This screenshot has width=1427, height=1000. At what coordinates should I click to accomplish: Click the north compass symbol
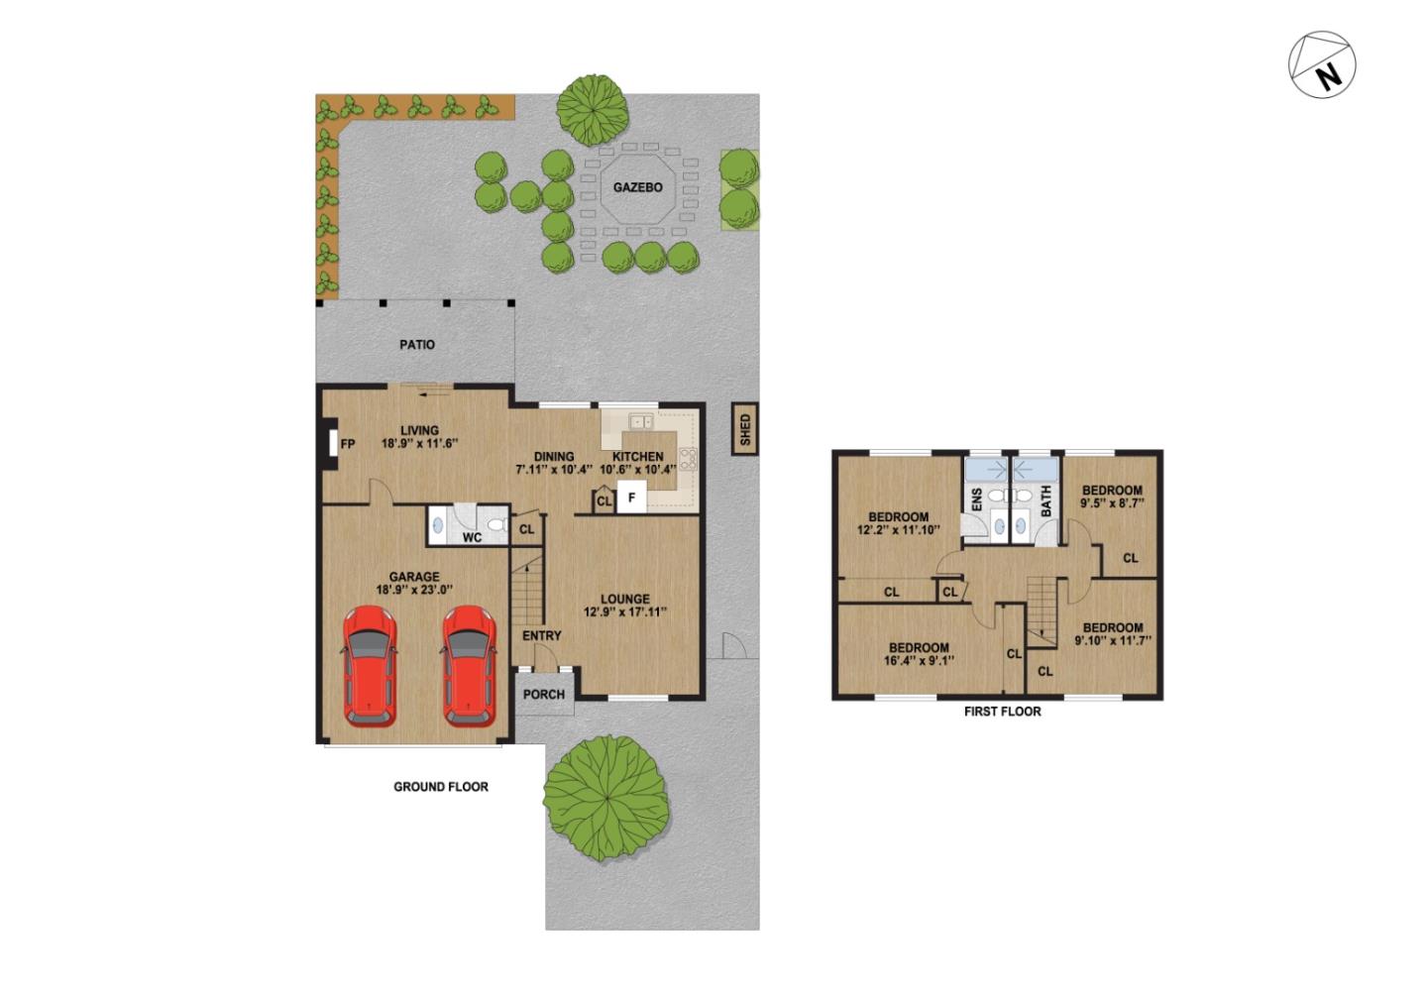1322,64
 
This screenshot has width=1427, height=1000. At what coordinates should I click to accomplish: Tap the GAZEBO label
637,187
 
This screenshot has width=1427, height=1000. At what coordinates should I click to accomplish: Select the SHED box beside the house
744,429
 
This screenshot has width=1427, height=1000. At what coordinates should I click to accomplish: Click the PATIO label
417,345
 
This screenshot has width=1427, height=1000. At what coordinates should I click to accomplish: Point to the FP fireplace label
348,445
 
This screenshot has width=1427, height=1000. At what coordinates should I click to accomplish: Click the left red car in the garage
370,665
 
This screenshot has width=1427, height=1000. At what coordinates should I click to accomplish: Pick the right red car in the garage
468,665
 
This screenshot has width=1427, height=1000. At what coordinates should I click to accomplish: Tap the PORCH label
544,695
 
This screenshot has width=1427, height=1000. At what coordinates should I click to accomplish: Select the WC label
473,538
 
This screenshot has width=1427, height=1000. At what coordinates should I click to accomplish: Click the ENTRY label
541,636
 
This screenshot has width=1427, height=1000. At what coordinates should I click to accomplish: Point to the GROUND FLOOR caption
441,787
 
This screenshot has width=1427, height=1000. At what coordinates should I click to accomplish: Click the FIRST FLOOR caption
1002,712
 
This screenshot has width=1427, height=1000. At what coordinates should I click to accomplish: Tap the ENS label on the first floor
976,500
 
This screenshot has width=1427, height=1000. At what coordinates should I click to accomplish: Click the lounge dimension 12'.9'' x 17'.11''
625,612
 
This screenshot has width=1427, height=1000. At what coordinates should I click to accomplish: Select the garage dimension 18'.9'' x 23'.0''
414,591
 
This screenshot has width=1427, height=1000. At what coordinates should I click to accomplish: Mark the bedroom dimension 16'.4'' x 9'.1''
919,661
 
